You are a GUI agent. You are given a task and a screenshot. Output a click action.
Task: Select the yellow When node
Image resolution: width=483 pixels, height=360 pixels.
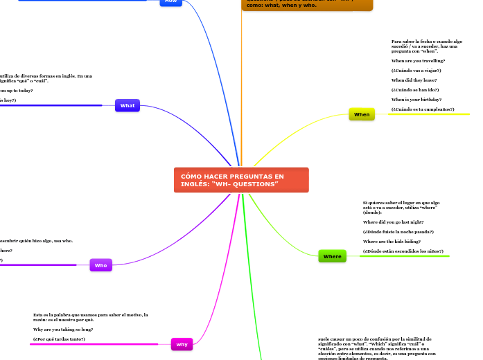point(362,114)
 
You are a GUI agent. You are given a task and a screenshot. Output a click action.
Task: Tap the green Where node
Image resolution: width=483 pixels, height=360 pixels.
point(332,256)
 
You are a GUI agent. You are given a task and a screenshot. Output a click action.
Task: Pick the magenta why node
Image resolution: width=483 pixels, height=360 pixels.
point(182,344)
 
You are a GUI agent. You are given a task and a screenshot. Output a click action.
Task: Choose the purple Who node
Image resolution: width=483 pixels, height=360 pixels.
point(100,265)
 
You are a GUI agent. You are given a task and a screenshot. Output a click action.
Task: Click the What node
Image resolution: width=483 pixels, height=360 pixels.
point(128,105)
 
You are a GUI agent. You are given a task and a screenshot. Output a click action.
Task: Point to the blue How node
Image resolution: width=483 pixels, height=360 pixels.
point(170,2)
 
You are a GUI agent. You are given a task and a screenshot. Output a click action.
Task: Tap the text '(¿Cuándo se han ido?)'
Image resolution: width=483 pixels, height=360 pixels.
point(415,90)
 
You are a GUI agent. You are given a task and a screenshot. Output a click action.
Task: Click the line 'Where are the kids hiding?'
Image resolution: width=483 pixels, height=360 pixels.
point(392,241)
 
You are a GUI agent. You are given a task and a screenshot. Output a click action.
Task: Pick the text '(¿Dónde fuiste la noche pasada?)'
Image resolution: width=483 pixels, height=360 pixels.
point(398,231)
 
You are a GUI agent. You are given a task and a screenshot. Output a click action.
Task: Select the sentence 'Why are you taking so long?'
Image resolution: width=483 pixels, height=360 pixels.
point(63,330)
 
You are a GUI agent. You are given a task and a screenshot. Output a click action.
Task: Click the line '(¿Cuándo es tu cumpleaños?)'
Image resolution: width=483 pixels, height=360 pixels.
point(423,109)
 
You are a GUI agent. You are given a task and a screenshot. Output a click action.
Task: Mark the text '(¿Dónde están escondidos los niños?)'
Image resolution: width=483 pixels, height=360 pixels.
point(403,251)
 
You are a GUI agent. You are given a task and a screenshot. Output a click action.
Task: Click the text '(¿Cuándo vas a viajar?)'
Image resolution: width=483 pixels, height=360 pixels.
point(416,71)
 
